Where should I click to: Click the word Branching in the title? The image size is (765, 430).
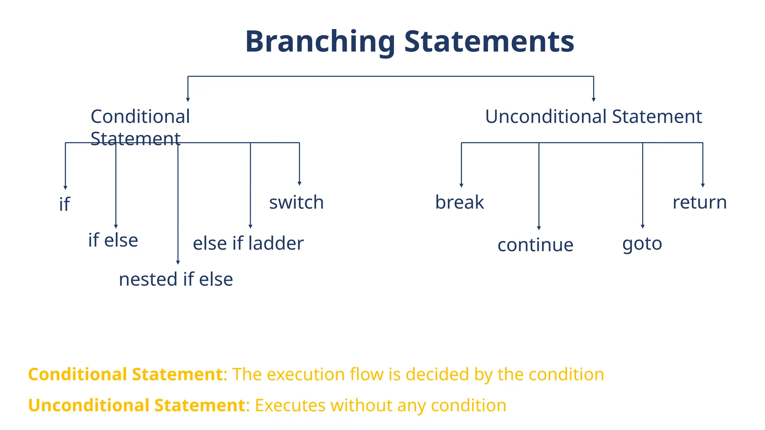(320, 42)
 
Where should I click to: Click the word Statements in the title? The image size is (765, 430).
(489, 42)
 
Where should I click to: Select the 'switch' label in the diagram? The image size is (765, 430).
(296, 202)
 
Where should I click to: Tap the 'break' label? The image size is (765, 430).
(459, 202)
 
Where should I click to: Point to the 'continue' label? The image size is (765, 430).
(535, 245)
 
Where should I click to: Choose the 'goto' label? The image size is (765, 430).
(642, 244)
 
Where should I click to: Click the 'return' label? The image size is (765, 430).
(700, 202)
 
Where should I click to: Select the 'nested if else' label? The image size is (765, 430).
(176, 279)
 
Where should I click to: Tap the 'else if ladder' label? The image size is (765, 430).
(248, 243)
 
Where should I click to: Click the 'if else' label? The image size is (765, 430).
(113, 240)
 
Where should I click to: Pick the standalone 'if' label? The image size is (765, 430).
(64, 204)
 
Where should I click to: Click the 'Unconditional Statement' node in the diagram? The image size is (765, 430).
(593, 116)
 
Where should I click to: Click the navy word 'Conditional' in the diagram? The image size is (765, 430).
(140, 116)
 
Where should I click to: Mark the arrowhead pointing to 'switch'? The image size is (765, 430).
(299, 183)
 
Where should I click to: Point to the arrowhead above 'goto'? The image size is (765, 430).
(642, 226)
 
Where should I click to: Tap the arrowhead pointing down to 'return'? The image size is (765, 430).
(703, 185)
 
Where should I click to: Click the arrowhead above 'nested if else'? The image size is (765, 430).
(178, 262)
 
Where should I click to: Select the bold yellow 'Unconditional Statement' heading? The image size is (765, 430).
(136, 405)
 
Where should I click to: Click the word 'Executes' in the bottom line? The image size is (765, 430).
(290, 405)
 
